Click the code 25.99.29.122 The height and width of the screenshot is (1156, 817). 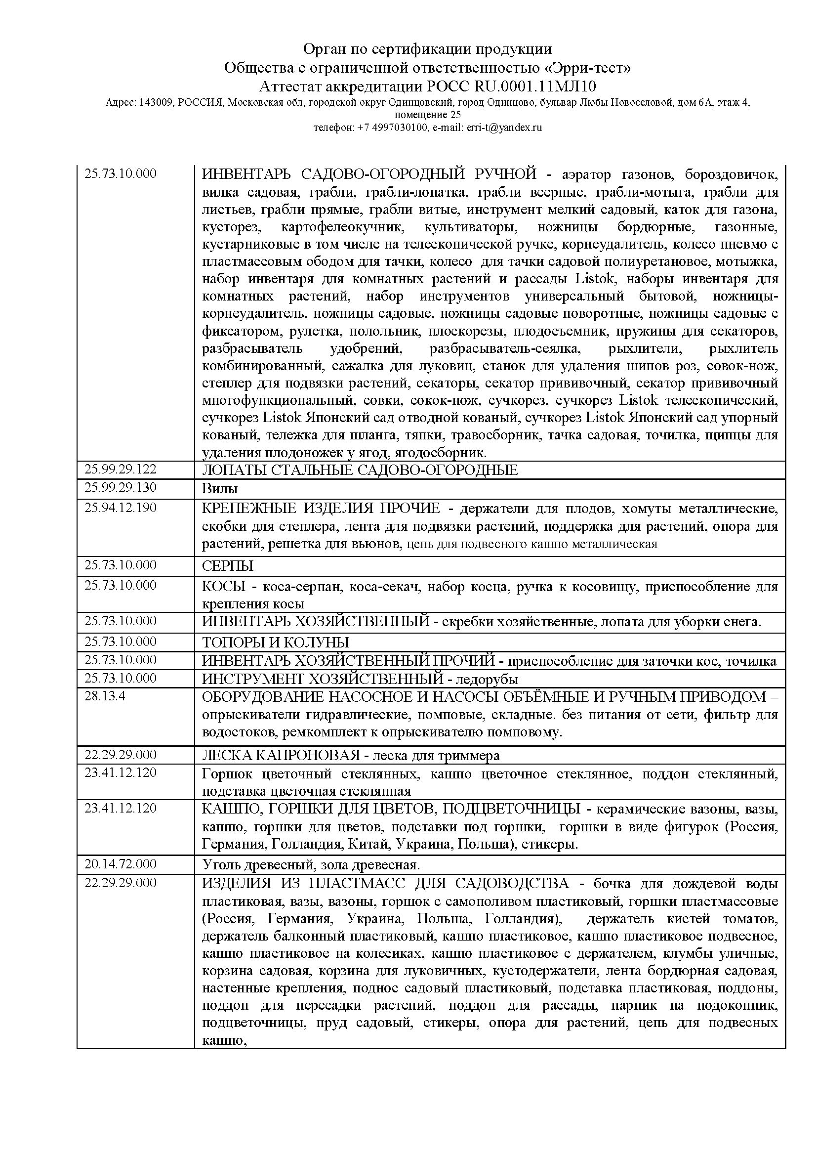pyautogui.click(x=120, y=469)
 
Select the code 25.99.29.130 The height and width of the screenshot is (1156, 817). pyautogui.click(x=120, y=487)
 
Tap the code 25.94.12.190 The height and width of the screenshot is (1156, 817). pyautogui.click(x=120, y=508)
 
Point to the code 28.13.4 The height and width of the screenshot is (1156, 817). pyautogui.click(x=105, y=697)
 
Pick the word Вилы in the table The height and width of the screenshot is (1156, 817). pyautogui.click(x=220, y=488)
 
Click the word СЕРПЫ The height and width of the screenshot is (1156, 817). pyautogui.click(x=227, y=566)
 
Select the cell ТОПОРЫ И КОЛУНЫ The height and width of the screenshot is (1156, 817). pyautogui.click(x=275, y=642)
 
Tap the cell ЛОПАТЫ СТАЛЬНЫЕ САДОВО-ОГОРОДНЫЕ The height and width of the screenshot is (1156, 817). pyautogui.click(x=360, y=470)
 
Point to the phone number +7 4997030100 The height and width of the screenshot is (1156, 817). pyautogui.click(x=392, y=128)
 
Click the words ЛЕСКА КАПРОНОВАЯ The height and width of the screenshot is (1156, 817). pyautogui.click(x=281, y=755)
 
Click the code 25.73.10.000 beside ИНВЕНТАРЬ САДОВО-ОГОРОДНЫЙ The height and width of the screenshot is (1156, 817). pyautogui.click(x=120, y=173)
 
